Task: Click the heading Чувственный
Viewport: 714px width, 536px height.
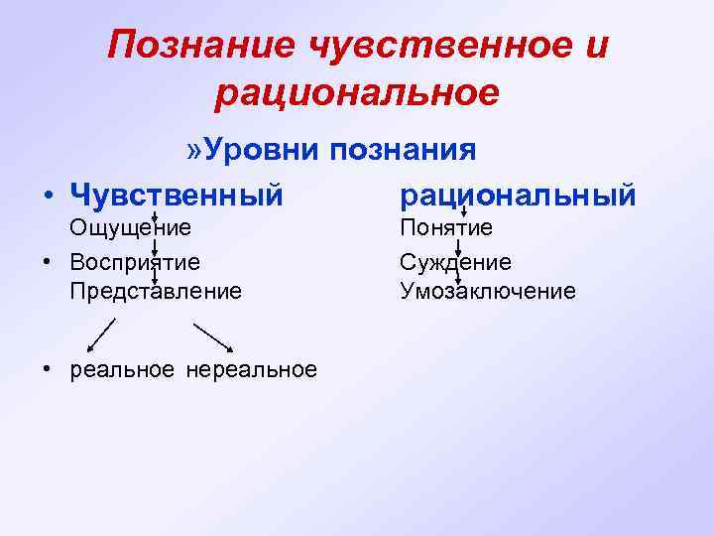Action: [x=177, y=194]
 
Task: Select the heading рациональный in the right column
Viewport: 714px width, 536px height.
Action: [x=517, y=194]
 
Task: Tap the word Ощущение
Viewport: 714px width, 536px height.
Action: [x=129, y=227]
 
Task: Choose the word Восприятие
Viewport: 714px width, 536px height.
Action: [x=135, y=262]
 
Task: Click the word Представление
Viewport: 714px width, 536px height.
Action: [x=156, y=291]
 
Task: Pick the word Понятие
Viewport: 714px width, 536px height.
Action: [x=446, y=227]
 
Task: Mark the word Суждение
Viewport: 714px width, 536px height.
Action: [x=456, y=262]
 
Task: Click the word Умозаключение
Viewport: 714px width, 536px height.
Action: [x=487, y=291]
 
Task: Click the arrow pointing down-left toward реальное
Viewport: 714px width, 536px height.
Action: [x=101, y=335]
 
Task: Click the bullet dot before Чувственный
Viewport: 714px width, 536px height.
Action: [x=48, y=195]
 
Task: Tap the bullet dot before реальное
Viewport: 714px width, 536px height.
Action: [x=48, y=370]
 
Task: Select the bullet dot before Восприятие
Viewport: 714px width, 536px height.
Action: [x=48, y=262]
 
